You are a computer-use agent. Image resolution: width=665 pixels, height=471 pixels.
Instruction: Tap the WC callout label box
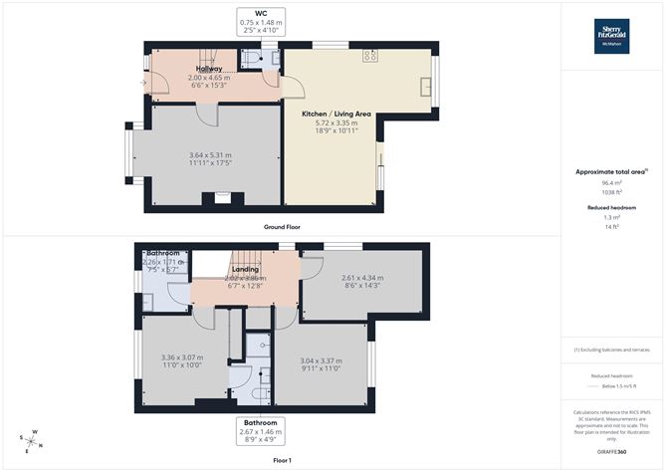click(262, 22)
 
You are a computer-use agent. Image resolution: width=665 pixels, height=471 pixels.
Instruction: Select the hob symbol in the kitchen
click(369, 56)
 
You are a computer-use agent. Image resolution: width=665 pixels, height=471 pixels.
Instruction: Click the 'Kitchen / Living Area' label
click(336, 115)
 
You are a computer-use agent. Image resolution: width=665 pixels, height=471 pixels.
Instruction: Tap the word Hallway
click(209, 69)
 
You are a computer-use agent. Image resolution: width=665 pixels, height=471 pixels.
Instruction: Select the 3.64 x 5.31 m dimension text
click(210, 155)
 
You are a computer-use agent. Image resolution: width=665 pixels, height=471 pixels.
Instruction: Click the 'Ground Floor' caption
click(284, 228)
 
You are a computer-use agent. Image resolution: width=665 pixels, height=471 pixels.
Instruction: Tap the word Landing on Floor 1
click(245, 268)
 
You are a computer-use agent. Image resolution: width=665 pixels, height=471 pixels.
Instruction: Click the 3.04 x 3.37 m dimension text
click(321, 362)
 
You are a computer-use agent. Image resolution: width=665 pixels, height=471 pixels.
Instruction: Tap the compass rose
click(32, 439)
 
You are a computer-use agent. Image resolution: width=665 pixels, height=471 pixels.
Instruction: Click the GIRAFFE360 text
click(611, 451)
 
